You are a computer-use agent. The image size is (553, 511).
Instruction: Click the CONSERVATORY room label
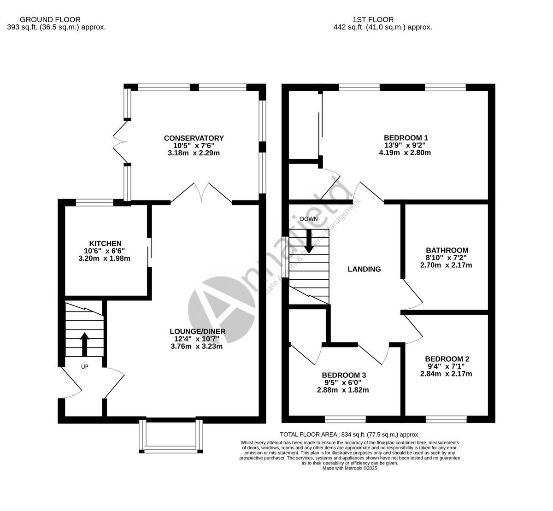(x=194, y=138)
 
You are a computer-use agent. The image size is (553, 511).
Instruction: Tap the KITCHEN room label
(x=105, y=243)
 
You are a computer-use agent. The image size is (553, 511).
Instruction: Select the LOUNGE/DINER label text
(x=197, y=331)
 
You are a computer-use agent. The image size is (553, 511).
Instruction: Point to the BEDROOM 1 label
(x=406, y=137)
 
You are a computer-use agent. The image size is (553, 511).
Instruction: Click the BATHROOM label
(x=447, y=250)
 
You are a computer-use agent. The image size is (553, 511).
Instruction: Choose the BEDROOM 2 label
(x=447, y=359)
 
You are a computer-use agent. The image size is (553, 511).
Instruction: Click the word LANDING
(x=364, y=269)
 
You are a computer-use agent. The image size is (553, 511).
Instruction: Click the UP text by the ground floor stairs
(x=84, y=367)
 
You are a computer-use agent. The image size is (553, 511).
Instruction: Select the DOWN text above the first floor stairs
(x=308, y=218)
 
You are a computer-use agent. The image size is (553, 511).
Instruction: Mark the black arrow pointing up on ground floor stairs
(x=84, y=344)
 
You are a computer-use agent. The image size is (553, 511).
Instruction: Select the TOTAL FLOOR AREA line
(x=350, y=434)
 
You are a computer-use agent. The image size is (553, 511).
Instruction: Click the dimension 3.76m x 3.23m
(x=197, y=346)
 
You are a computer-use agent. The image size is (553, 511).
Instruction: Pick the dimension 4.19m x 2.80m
(x=405, y=153)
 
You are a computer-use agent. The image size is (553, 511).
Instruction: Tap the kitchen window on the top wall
(x=94, y=202)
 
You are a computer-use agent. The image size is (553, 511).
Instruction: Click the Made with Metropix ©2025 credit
(x=350, y=468)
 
